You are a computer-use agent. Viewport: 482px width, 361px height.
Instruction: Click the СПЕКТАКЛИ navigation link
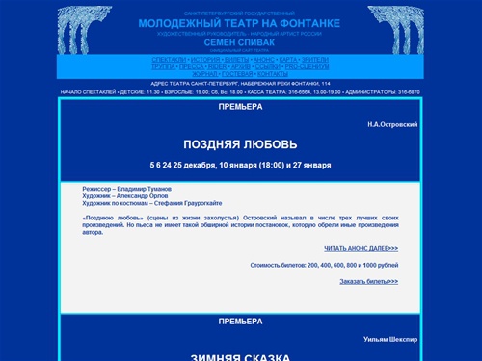point(169,60)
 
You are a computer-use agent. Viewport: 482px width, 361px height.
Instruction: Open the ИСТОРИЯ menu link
point(205,60)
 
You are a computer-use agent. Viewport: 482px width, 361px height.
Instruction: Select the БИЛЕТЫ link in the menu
point(237,60)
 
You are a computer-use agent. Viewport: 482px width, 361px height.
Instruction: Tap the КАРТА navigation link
point(291,60)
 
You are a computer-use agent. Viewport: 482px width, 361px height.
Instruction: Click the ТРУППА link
point(164,66)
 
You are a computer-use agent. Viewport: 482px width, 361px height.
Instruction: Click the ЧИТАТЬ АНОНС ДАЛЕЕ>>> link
point(361,248)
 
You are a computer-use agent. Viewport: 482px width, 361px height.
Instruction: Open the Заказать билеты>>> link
point(368,281)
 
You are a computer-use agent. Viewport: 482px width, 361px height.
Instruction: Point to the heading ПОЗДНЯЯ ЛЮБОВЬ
point(240,144)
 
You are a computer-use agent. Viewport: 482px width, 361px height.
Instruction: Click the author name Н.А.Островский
point(392,125)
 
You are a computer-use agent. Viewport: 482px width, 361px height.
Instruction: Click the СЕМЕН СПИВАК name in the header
point(240,42)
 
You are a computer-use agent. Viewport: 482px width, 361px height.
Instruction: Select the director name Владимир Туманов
point(146,190)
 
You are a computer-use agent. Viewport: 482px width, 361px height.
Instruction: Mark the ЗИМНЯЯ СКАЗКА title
point(240,356)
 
